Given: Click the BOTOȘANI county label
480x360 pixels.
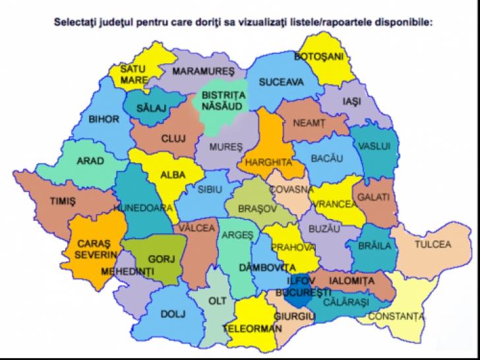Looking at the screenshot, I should (x=320, y=57).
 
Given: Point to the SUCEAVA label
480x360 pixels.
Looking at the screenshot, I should (x=281, y=82).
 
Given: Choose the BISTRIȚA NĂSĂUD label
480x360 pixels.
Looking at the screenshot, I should (x=223, y=100).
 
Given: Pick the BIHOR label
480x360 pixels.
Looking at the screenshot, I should (x=104, y=119).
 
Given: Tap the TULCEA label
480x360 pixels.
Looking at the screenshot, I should (x=433, y=245).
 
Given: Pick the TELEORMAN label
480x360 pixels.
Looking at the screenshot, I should (x=248, y=328).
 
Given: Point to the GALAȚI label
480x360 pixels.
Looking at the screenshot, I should (x=375, y=197).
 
